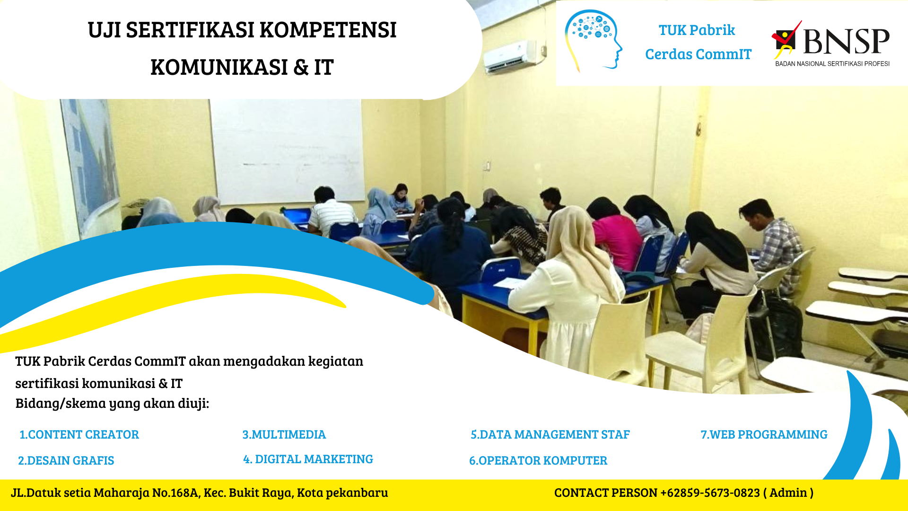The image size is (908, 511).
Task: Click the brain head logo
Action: pyautogui.click(x=594, y=40)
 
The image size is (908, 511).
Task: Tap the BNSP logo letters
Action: pyautogui.click(x=846, y=41)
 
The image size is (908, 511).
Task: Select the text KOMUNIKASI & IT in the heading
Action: pyautogui.click(x=242, y=67)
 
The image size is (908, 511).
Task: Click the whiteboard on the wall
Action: pyautogui.click(x=287, y=151)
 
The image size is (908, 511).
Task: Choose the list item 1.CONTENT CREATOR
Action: pyautogui.click(x=79, y=434)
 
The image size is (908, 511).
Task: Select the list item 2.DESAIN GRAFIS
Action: pyautogui.click(x=66, y=460)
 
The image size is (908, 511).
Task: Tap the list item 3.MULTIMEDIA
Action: pyautogui.click(x=284, y=434)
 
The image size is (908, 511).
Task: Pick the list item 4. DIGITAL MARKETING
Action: pyautogui.click(x=308, y=459)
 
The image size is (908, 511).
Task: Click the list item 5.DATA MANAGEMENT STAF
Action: pyautogui.click(x=550, y=434)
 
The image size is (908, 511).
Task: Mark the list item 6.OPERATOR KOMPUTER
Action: pyautogui.click(x=538, y=460)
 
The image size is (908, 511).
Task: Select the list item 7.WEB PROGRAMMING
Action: pyautogui.click(x=764, y=434)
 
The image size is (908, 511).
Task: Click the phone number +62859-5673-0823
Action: pyautogui.click(x=710, y=493)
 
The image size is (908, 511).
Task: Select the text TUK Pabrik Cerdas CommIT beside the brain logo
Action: pyautogui.click(x=698, y=42)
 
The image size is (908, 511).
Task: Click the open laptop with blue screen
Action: pyautogui.click(x=297, y=216)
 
